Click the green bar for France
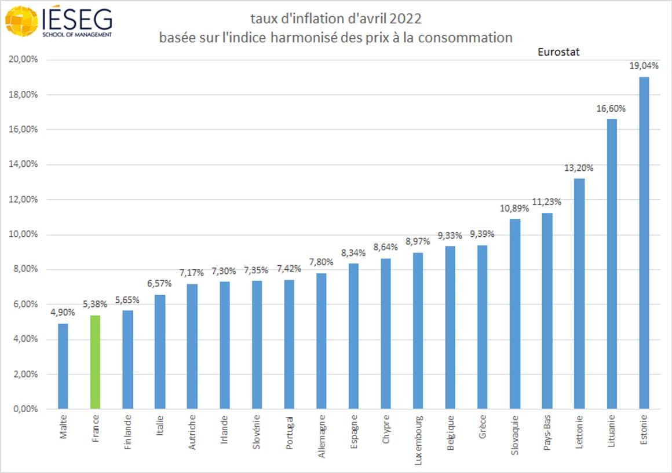[x=96, y=362]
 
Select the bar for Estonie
[x=644, y=243]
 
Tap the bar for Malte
[x=63, y=366]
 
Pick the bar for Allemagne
[x=321, y=341]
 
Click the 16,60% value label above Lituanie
[x=611, y=108]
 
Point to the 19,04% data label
[x=644, y=66]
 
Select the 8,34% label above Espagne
[x=353, y=252]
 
